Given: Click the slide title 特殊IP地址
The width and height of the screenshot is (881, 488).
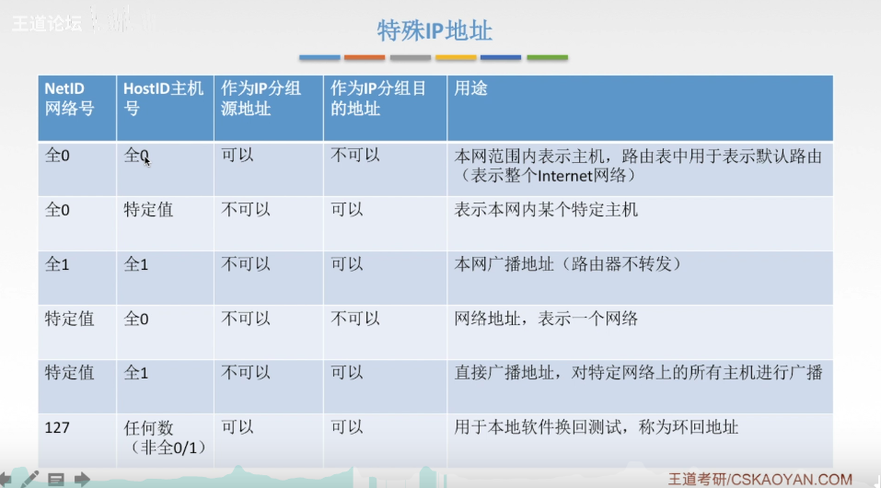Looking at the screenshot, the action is click(435, 31).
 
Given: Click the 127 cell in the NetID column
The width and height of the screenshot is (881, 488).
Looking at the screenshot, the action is click(57, 428).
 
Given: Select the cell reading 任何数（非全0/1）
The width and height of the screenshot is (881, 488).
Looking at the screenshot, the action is click(165, 437).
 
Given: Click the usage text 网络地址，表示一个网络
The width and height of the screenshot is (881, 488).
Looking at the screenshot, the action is click(546, 319).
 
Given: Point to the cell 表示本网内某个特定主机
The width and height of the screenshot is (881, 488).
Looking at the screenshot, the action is click(546, 210).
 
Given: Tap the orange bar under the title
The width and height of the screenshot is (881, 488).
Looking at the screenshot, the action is click(365, 57).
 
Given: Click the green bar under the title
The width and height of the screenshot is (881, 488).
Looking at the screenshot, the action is click(547, 57).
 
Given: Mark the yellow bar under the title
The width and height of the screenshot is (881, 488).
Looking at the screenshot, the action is click(456, 57).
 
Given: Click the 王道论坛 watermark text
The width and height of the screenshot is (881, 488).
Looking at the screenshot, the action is click(47, 24).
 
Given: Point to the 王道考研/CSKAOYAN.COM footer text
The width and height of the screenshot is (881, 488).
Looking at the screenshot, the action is click(760, 479).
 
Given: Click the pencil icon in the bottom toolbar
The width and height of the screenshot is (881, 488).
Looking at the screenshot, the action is click(29, 479).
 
